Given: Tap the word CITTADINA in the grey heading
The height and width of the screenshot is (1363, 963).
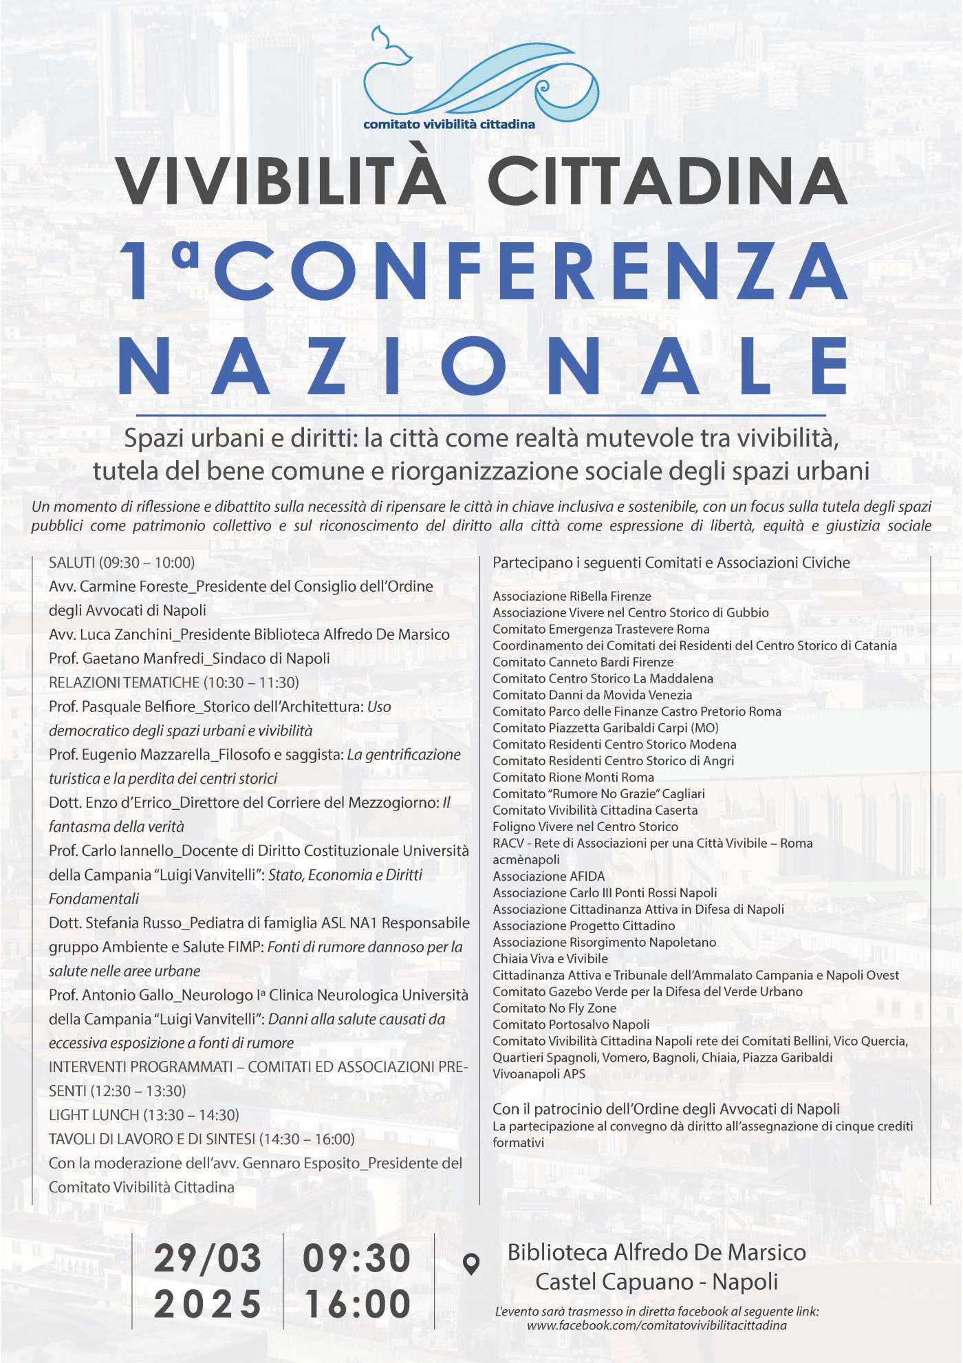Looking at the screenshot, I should click(x=667, y=180).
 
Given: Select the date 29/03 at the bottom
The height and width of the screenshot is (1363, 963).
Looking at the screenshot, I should click(x=208, y=1258).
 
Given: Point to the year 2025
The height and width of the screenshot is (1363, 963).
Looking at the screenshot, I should click(x=208, y=1305).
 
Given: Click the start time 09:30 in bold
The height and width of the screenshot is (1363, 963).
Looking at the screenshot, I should click(x=357, y=1258).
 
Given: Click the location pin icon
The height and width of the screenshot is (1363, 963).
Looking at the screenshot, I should click(x=471, y=1264).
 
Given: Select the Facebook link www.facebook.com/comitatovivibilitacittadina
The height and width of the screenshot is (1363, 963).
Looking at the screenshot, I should click(x=656, y=1325).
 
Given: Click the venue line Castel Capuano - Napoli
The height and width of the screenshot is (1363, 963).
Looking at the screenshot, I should click(x=656, y=1282).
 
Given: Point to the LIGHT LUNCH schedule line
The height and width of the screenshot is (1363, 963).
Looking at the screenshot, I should click(x=144, y=1115).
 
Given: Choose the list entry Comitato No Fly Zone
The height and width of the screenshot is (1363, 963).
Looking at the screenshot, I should click(x=554, y=1008).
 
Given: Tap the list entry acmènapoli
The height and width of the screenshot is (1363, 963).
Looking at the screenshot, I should click(x=526, y=859).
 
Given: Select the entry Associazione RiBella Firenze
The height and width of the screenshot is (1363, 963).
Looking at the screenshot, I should click(x=572, y=596).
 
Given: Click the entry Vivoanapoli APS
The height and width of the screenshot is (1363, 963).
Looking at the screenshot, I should click(x=539, y=1074).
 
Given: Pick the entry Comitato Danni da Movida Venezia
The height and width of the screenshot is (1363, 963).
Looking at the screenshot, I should click(x=592, y=695).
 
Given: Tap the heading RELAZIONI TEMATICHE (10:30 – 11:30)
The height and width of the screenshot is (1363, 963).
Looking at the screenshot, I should click(x=174, y=683).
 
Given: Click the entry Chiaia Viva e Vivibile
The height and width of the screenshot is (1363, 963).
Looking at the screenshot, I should click(x=550, y=958).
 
